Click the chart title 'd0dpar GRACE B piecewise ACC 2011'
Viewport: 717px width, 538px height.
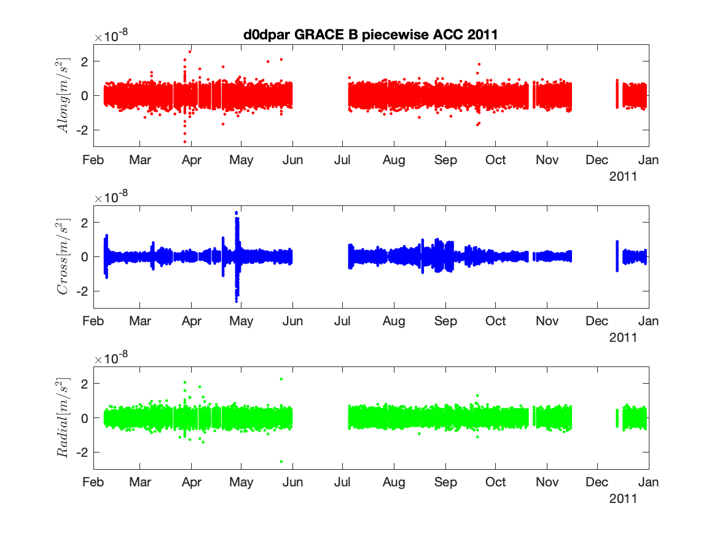tap(370, 35)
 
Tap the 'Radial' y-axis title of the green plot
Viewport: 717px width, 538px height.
tap(64, 417)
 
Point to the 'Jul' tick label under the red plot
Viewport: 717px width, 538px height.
tap(342, 160)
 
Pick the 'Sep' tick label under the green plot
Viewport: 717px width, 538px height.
tap(445, 482)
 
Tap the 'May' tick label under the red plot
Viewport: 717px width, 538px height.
tap(241, 160)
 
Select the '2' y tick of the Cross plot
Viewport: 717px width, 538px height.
tap(84, 222)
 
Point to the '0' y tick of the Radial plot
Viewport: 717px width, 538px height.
tap(84, 418)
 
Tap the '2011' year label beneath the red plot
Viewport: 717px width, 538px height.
tap(622, 176)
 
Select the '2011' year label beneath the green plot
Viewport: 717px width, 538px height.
tap(622, 499)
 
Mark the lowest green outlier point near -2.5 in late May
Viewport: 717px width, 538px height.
tap(281, 461)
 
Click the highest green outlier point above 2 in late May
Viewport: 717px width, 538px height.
tap(281, 379)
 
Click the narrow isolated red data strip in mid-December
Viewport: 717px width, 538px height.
tap(617, 93)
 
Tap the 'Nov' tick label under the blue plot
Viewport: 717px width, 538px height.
tap(546, 321)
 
